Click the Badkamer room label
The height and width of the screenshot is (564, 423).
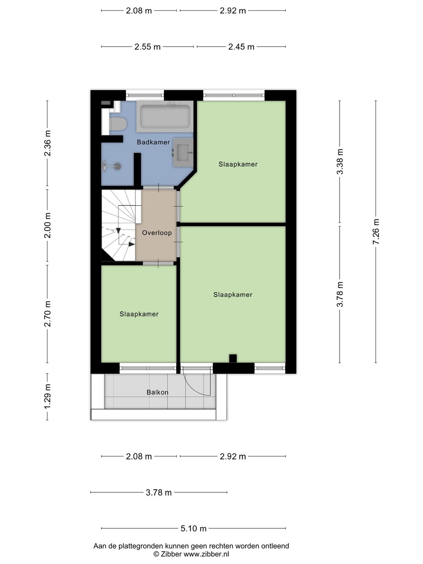[153, 142]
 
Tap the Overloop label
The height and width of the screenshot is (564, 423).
[157, 233]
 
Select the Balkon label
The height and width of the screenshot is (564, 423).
[157, 392]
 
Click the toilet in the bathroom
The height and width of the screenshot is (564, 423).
[118, 124]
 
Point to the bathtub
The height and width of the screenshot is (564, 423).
[165, 117]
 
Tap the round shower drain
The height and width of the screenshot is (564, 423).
[117, 166]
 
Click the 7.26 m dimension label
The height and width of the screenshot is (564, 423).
[376, 231]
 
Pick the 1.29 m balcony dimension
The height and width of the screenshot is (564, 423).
[47, 396]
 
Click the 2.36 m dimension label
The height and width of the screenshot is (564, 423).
[47, 143]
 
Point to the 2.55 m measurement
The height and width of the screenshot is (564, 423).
[147, 47]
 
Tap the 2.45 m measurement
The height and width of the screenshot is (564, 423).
[241, 47]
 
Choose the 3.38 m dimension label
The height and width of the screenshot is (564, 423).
[340, 162]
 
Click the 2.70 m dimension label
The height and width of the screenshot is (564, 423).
[47, 314]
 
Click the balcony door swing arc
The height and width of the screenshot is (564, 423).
[195, 388]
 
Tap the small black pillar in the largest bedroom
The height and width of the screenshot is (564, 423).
[233, 358]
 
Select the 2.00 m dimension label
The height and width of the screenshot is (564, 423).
[47, 225]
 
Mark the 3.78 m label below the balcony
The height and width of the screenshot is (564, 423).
[159, 492]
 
